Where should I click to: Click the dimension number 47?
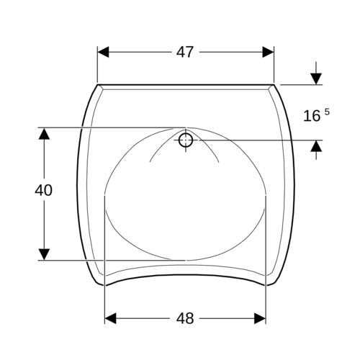tap(184, 52)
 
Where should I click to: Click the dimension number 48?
tap(185, 318)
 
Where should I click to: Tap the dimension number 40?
tap(43, 190)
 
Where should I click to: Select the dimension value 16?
tap(312, 116)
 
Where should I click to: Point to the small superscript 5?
tap(327, 112)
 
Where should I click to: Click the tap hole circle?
tap(186, 140)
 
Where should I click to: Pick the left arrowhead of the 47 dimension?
tap(103, 52)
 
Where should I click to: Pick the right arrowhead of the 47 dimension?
tap(268, 52)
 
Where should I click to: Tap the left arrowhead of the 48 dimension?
tap(111, 318)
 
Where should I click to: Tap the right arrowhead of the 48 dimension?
tap(260, 318)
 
